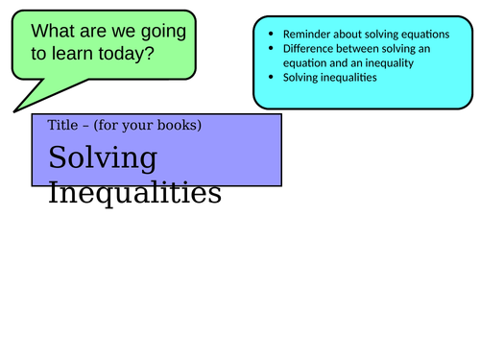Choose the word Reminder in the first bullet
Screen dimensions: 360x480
pos(306,34)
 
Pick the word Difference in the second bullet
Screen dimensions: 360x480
pos(308,48)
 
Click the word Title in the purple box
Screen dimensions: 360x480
pos(60,126)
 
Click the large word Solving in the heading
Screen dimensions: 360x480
pos(102,158)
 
